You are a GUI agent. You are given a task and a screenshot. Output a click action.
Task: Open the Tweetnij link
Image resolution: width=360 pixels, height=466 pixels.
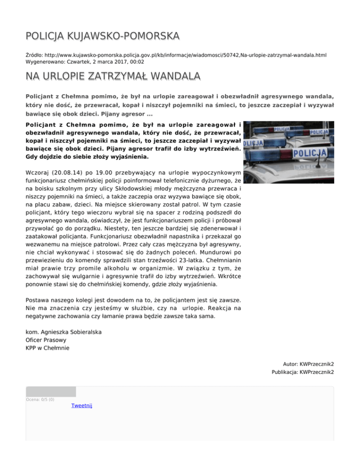coord(82,406)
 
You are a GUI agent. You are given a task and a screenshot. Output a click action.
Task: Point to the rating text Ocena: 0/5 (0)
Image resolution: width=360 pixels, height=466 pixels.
coord(40,399)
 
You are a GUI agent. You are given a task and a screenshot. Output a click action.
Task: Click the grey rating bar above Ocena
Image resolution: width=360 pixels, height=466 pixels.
coord(51,391)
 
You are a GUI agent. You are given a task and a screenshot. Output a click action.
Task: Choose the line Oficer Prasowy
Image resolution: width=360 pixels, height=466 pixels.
coord(46,340)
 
